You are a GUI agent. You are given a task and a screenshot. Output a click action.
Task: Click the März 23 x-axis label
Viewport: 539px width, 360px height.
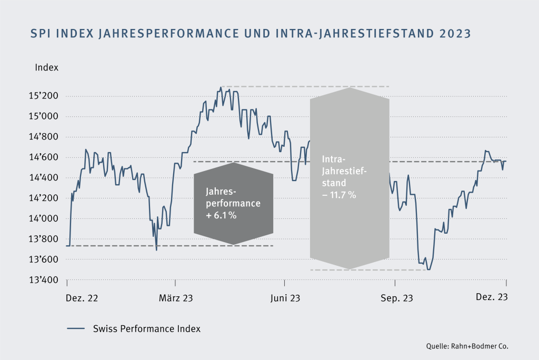[176, 298]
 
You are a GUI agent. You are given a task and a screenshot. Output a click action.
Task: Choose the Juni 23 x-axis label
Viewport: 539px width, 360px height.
[285, 298]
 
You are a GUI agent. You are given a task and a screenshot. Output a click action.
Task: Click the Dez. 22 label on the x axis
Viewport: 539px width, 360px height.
[82, 298]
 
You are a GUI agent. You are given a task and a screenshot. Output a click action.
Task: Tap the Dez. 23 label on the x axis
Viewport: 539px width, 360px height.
[492, 297]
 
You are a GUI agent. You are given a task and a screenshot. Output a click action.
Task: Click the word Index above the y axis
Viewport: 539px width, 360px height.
[46, 67]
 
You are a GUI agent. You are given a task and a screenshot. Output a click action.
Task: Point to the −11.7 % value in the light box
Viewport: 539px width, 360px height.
[340, 195]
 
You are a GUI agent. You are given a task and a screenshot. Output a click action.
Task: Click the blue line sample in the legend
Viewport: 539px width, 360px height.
[76, 329]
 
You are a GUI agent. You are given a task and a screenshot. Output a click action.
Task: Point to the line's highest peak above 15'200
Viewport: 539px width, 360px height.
[221, 87]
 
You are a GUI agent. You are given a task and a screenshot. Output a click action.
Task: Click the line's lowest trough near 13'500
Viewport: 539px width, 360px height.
[428, 269]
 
